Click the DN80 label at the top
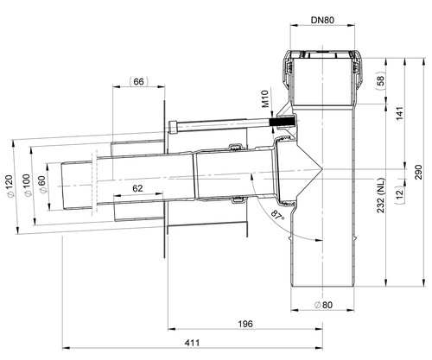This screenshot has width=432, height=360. pyautogui.click(x=322, y=20)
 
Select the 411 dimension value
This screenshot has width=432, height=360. pyautogui.click(x=192, y=343)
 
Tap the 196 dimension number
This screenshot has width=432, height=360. pyautogui.click(x=245, y=324)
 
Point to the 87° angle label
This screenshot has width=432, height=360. pyautogui.click(x=277, y=215)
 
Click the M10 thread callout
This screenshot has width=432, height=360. pyautogui.click(x=265, y=98)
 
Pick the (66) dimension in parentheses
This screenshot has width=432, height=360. pyautogui.click(x=138, y=82)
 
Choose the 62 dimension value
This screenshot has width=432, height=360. pyautogui.click(x=137, y=188)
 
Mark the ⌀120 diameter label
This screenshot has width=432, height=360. pyautogui.click(x=9, y=186)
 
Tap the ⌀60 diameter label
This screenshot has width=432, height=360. pyautogui.click(x=41, y=185)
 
